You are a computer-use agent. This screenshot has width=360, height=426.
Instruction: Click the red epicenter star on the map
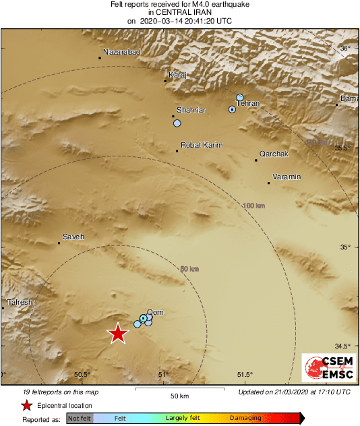click(x=118, y=334)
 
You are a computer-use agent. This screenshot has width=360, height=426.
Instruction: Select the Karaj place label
click(x=177, y=75)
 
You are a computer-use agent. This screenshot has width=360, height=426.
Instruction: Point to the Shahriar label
click(x=191, y=110)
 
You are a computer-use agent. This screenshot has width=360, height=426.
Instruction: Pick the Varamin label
click(x=287, y=177)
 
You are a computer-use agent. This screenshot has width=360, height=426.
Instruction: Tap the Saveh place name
click(x=73, y=237)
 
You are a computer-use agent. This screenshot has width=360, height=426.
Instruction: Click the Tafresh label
click(x=20, y=302)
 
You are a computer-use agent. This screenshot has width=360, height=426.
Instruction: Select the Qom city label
click(x=155, y=312)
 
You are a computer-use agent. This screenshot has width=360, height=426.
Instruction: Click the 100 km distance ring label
click(x=254, y=206)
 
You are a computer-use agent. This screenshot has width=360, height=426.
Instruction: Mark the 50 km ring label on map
click(x=189, y=269)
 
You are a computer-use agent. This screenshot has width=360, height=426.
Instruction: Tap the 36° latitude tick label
click(x=344, y=49)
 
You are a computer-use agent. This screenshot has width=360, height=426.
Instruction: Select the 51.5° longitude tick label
click(x=245, y=375)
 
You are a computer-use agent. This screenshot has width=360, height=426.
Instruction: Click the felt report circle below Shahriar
click(x=177, y=123)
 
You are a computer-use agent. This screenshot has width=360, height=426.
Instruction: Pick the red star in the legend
click(x=26, y=405)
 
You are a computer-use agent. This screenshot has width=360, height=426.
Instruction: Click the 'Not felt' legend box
click(x=80, y=418)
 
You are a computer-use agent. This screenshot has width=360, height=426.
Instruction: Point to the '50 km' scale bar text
click(x=179, y=395)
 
